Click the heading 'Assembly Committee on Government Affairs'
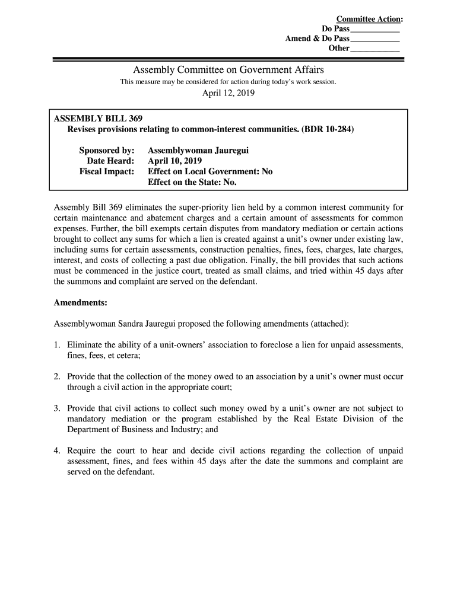pyautogui.click(x=228, y=70)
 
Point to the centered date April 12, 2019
pyautogui.click(x=228, y=93)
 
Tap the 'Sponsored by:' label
pyautogui.click(x=107, y=151)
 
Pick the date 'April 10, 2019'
pyautogui.click(x=175, y=161)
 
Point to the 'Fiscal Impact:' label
pyautogui.click(x=107, y=172)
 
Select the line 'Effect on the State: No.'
pyautogui.click(x=192, y=182)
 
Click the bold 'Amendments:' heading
pyautogui.click(x=80, y=303)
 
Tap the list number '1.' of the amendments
pyautogui.click(x=57, y=345)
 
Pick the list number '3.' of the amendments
pyautogui.click(x=57, y=409)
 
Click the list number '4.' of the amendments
pyautogui.click(x=57, y=451)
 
